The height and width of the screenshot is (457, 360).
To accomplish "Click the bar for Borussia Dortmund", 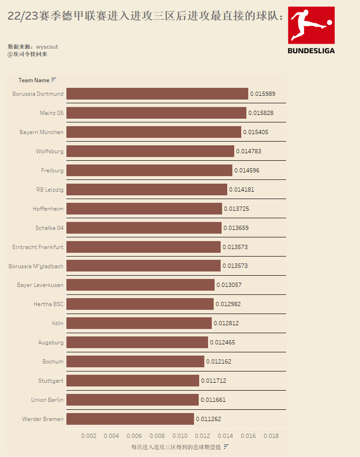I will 157,94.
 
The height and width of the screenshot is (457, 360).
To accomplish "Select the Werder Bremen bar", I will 130,419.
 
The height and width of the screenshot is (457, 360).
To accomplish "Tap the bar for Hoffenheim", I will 144,209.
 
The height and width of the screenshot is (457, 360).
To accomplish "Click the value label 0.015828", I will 261,113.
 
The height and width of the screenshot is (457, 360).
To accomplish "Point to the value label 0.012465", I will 223,343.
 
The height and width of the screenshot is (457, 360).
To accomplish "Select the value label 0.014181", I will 242,190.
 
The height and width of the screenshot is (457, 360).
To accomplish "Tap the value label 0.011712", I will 214,381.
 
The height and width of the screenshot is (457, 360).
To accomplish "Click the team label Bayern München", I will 42,132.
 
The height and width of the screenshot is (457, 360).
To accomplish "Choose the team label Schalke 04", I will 50,228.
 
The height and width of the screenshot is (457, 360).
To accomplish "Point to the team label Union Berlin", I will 47,400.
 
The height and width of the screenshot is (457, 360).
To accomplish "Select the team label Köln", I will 58,323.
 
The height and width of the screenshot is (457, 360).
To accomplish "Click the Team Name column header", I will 34,80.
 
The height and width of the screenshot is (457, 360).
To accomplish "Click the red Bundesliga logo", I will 311,24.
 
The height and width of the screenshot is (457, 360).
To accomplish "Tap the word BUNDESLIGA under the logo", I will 311,50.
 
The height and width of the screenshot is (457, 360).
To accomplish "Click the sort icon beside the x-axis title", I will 226,447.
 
